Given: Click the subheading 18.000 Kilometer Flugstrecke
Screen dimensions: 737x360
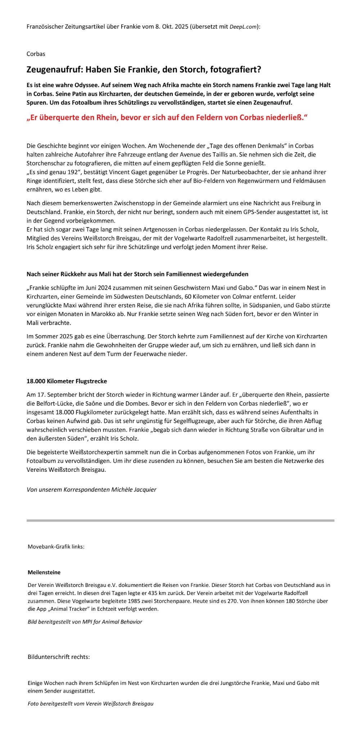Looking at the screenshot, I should (x=67, y=381).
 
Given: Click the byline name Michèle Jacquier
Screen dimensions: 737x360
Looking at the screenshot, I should (x=134, y=489).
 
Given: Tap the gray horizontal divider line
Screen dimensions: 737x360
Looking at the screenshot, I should (x=180, y=520).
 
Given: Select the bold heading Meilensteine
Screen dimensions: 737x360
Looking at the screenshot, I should (x=44, y=572).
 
